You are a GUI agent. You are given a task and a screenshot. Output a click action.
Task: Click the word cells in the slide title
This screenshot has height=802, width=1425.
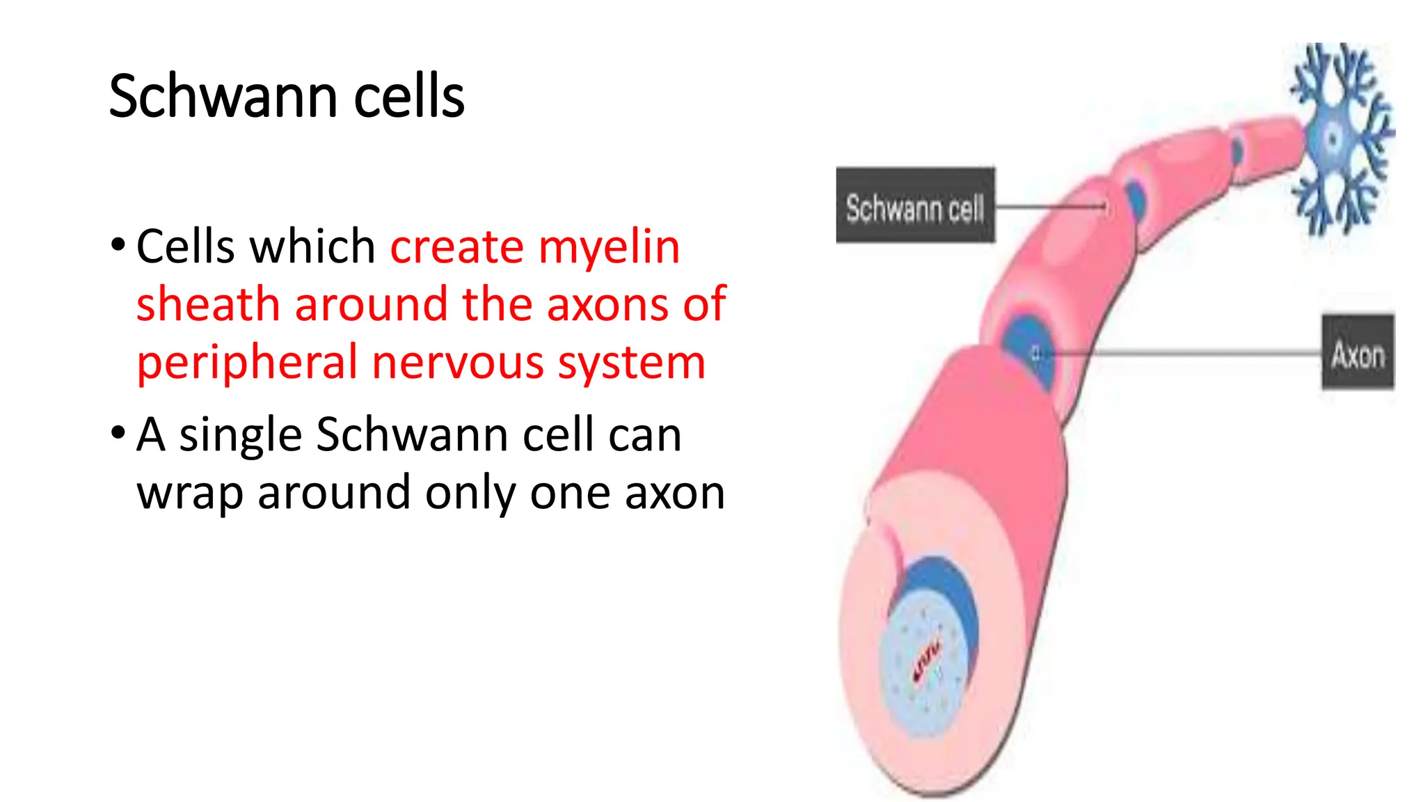point(408,96)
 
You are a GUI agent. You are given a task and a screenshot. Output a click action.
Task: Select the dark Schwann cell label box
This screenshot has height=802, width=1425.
point(915,205)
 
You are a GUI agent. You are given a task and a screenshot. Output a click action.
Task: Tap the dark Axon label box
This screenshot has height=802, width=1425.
point(1358,352)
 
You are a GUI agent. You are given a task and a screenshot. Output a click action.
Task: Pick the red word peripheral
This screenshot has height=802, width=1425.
point(246,363)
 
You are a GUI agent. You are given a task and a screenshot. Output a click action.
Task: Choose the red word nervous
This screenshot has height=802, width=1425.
point(457,363)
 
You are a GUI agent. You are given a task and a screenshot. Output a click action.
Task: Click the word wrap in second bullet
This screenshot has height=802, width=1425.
point(189,493)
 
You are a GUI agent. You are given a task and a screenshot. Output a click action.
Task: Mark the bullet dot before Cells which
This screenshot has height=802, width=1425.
point(118,245)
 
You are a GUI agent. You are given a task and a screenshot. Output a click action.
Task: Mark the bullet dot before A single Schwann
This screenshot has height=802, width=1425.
point(118,433)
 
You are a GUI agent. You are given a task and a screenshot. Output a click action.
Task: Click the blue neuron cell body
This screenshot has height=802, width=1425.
point(1334,138)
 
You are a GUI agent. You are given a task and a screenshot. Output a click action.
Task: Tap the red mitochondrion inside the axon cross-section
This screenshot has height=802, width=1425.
point(926,661)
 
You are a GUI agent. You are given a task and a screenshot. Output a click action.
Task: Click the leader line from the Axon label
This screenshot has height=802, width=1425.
point(1183,353)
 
